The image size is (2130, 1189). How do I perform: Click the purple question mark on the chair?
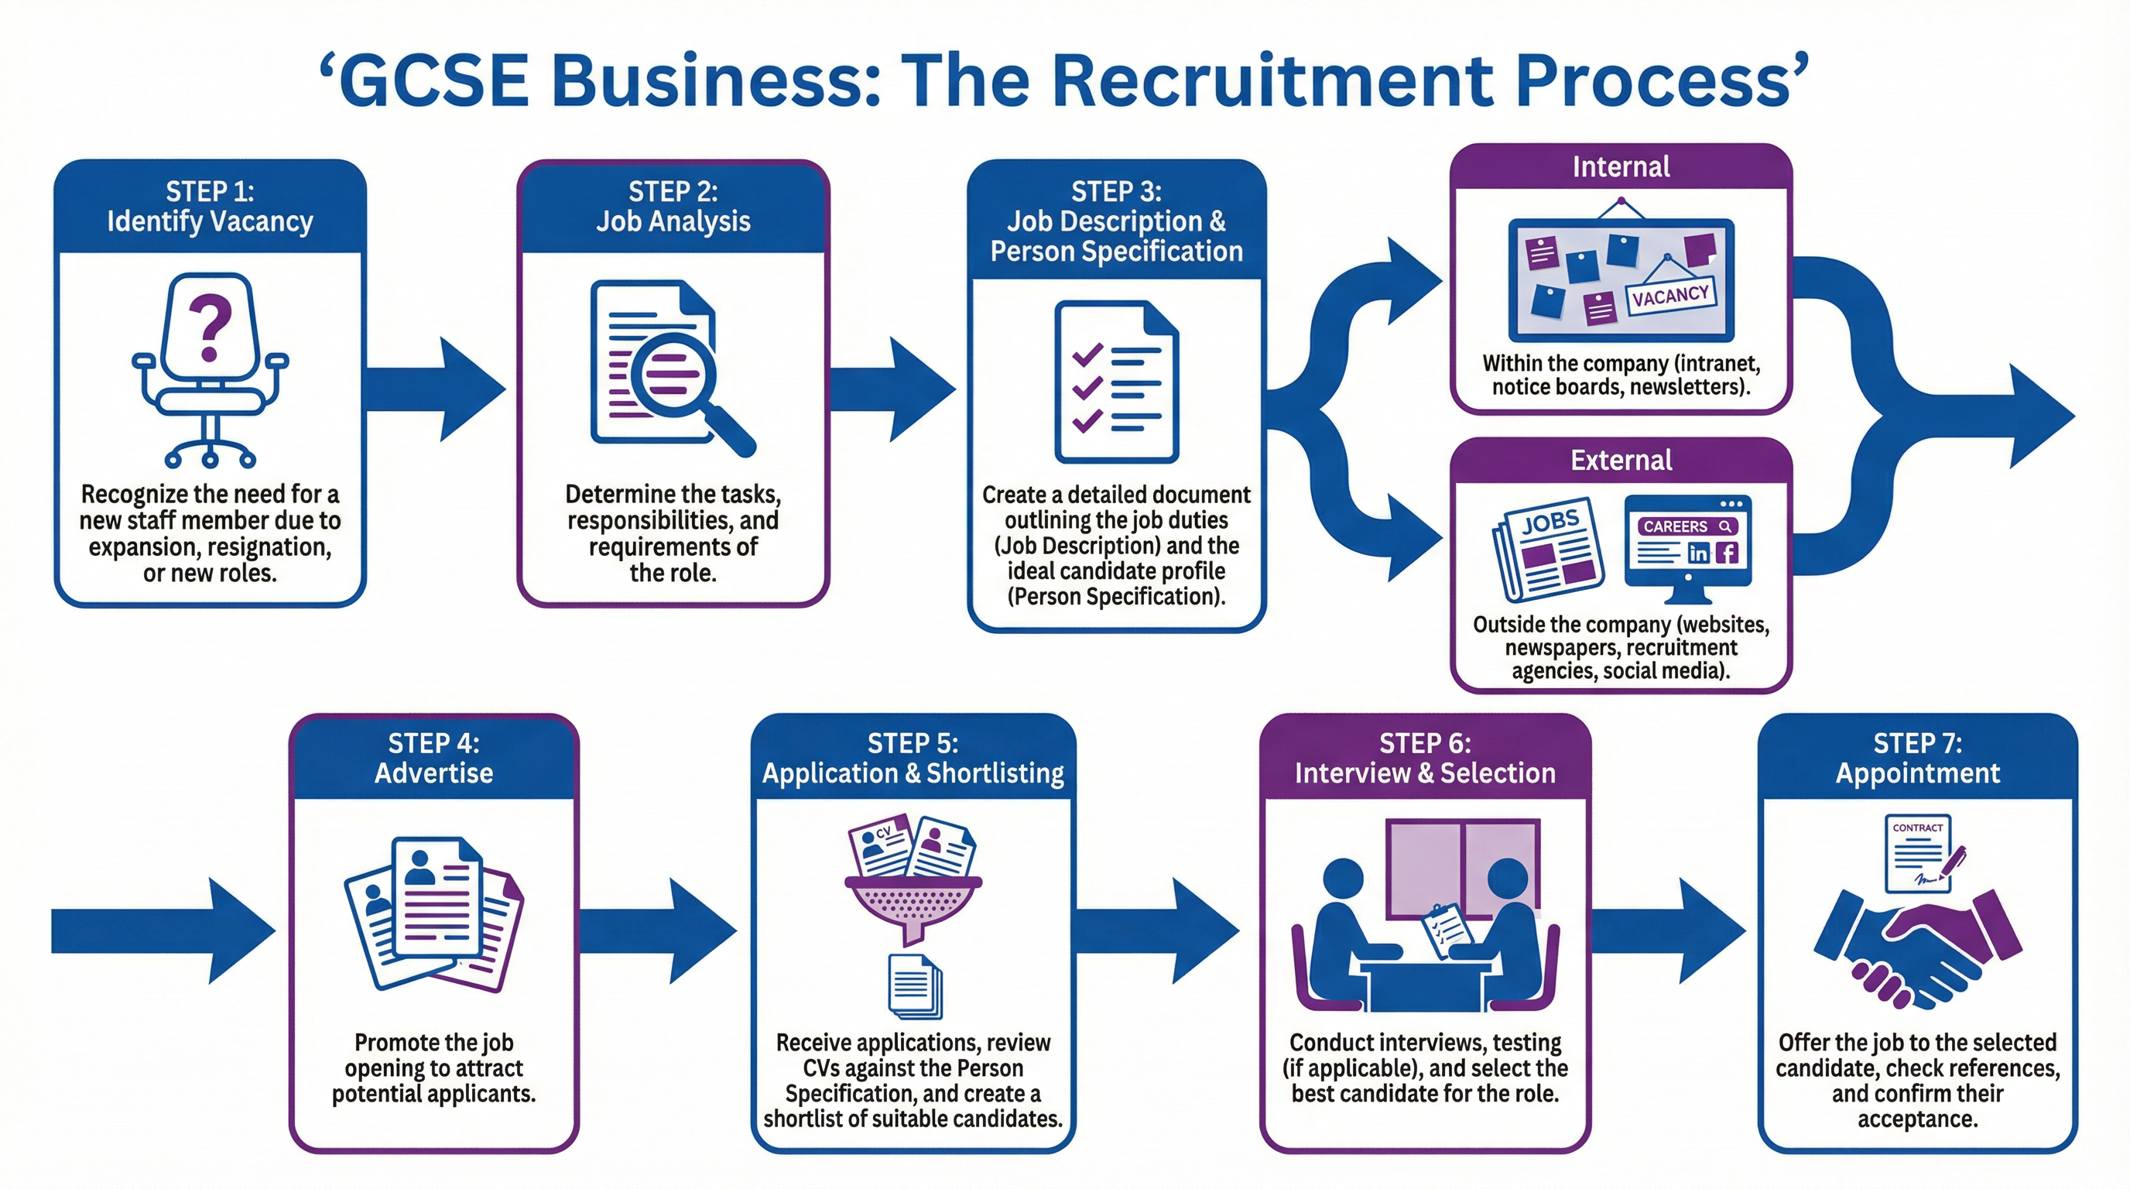(x=209, y=327)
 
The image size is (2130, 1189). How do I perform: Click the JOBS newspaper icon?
(x=1549, y=549)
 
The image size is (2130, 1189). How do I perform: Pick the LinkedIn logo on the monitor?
(x=1698, y=553)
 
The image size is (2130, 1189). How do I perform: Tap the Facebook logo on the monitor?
(x=1728, y=553)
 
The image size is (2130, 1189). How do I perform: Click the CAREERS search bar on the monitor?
(x=1687, y=526)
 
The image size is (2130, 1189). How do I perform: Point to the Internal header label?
(x=1621, y=167)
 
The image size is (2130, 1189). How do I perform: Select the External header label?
(x=1621, y=461)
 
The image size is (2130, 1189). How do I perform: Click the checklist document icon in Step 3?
(x=1116, y=382)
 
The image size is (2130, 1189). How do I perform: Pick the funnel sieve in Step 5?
(x=913, y=906)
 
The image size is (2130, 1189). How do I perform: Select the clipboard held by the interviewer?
(x=1445, y=930)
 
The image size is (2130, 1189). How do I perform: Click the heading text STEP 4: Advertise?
(x=433, y=758)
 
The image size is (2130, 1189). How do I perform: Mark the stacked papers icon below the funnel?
(x=913, y=986)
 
